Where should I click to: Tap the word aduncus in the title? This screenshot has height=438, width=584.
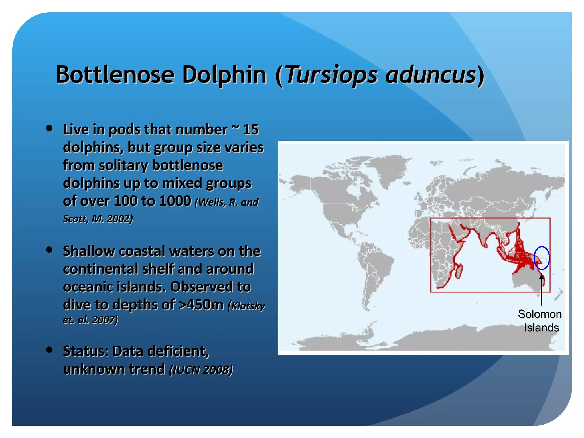coord(431,75)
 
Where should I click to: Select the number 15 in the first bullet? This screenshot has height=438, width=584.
coord(251,129)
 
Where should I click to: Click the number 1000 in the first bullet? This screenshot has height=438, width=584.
coord(175,201)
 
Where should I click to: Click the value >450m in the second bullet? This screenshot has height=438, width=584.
coord(201,305)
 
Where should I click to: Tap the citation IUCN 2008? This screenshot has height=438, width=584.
coord(201,370)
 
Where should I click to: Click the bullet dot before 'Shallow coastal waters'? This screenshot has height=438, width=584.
coord(49,250)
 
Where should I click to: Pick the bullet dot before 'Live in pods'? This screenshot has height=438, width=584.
coord(49,128)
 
